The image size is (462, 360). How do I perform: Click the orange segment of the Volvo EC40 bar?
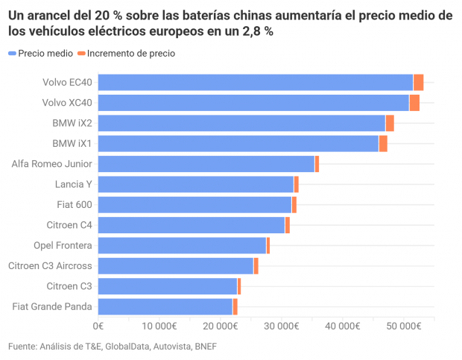click(418, 83)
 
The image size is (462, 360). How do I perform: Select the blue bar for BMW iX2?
click(241, 123)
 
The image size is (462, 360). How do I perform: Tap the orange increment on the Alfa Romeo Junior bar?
click(317, 164)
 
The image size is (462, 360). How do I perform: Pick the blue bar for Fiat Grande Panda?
click(165, 306)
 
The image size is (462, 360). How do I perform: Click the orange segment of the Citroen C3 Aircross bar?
click(256, 266)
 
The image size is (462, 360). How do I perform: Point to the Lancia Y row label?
click(73, 184)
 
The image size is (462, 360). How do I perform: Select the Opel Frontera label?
click(63, 245)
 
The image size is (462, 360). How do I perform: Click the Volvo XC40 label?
click(67, 103)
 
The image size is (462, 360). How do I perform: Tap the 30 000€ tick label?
click(282, 326)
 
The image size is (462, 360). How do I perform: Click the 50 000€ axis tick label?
click(404, 326)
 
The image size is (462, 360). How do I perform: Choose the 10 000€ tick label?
click(159, 326)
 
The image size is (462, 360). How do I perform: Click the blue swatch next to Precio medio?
click(13, 54)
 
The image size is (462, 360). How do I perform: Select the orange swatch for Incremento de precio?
click(81, 54)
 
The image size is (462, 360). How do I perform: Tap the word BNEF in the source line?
click(206, 347)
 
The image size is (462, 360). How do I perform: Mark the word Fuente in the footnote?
click(22, 347)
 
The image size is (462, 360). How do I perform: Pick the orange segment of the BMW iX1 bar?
click(383, 143)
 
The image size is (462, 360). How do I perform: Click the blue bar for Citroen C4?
click(192, 225)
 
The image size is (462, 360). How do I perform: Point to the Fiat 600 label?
click(75, 205)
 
